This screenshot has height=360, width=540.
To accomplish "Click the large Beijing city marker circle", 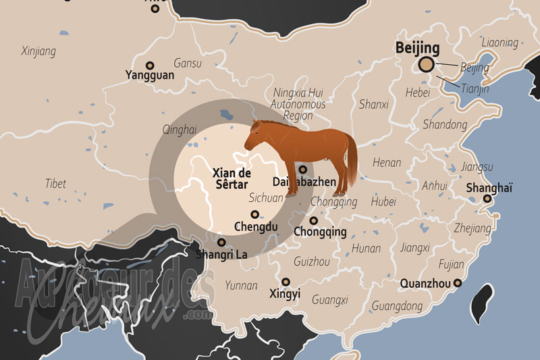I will click(x=425, y=64).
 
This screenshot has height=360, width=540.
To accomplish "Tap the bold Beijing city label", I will click(x=417, y=48).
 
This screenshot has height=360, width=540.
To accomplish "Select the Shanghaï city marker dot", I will click(x=487, y=199).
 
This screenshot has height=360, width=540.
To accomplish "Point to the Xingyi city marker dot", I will click(x=286, y=281).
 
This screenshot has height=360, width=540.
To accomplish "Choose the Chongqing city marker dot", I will click(x=313, y=220).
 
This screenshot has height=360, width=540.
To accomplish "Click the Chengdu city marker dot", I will click(x=254, y=214).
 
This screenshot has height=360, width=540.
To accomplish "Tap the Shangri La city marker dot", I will click(x=221, y=242).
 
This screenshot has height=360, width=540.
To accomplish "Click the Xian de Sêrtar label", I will click(x=230, y=178).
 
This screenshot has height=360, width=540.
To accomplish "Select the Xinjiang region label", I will click(x=38, y=51).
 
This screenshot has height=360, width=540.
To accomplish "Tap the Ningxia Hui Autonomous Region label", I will click(x=298, y=104).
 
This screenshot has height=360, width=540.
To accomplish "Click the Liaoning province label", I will click(x=500, y=43).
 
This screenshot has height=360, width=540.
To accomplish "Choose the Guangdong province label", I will click(x=397, y=306).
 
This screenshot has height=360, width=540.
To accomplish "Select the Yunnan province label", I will click(x=241, y=285).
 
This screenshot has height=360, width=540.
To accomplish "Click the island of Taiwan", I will click(x=484, y=303).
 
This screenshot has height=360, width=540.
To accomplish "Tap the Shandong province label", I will click(x=444, y=124).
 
